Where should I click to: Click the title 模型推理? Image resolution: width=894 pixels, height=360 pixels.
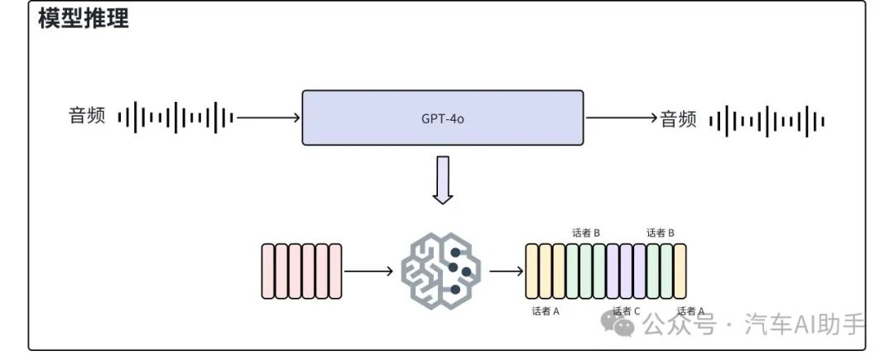(x=83, y=19)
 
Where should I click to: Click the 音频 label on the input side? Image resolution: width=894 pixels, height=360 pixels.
(x=87, y=117)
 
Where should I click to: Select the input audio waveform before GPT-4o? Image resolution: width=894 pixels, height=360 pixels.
(x=175, y=118)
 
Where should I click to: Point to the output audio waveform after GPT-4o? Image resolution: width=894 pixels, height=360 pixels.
(x=767, y=121)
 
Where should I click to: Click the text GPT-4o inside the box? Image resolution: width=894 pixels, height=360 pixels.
(x=442, y=118)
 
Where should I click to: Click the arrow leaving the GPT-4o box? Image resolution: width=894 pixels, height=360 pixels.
(x=622, y=118)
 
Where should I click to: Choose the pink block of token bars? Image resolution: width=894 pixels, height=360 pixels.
(x=301, y=271)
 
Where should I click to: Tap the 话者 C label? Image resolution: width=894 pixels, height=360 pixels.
(x=626, y=311)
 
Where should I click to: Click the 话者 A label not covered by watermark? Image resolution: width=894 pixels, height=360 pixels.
(x=546, y=311)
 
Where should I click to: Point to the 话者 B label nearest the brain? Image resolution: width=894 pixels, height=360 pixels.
(x=586, y=233)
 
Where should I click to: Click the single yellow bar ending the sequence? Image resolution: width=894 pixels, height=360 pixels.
(x=680, y=271)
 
